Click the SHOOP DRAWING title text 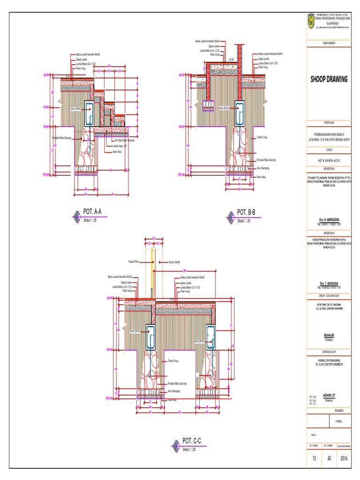[x=329, y=79]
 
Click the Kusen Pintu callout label [x=134, y=262]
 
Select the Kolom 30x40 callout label [x=174, y=262]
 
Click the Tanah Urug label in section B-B [x=262, y=137]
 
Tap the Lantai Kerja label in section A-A [x=120, y=146]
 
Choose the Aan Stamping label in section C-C [x=173, y=390]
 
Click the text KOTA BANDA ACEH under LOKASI [x=329, y=159]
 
